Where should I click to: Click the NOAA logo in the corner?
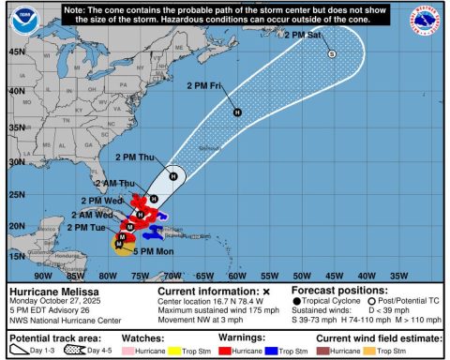[x=17, y=22]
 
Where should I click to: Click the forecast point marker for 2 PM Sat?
[x=331, y=54]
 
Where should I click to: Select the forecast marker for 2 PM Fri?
[x=237, y=112]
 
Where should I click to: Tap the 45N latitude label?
[x=16, y=52]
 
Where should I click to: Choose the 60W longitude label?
[x=236, y=276]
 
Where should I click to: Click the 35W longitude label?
[x=398, y=276]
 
